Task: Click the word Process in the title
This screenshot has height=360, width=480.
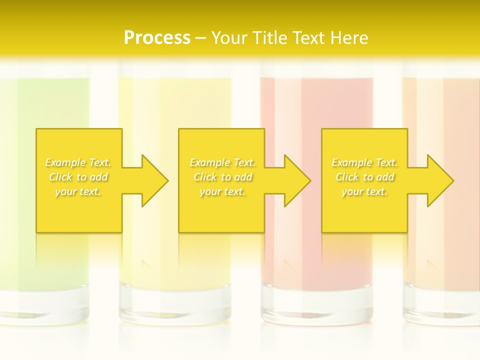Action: pyautogui.click(x=157, y=37)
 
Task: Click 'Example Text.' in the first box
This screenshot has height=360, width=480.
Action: pyautogui.click(x=78, y=162)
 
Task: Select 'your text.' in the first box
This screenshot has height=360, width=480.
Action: pyautogui.click(x=78, y=191)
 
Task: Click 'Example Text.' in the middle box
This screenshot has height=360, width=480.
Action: pyautogui.click(x=222, y=162)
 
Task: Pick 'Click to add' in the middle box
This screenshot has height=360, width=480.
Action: pyautogui.click(x=222, y=177)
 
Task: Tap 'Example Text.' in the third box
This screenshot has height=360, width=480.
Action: pyautogui.click(x=364, y=162)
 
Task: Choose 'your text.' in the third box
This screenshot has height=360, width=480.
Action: pyautogui.click(x=364, y=191)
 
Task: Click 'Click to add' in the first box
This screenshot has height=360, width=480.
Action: pyautogui.click(x=78, y=177)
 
